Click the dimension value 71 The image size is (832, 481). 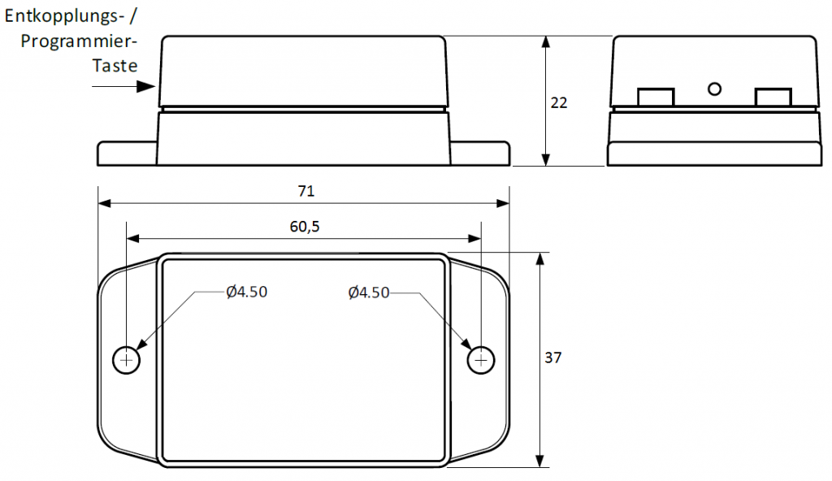pyautogui.click(x=306, y=191)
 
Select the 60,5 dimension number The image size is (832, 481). pyautogui.click(x=305, y=227)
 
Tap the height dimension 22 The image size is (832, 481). pyautogui.click(x=559, y=102)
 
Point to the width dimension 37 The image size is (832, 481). pyautogui.click(x=552, y=357)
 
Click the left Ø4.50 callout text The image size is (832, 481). pyautogui.click(x=247, y=292)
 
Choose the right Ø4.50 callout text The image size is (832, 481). pyautogui.click(x=369, y=292)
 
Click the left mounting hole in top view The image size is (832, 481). pyautogui.click(x=126, y=361)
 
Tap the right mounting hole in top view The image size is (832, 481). pyautogui.click(x=481, y=361)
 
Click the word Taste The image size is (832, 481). pyautogui.click(x=115, y=66)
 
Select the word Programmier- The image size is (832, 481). pyautogui.click(x=79, y=41)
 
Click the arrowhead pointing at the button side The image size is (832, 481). pyautogui.click(x=146, y=86)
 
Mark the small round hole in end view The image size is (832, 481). pyautogui.click(x=715, y=89)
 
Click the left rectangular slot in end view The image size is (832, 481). pyautogui.click(x=656, y=97)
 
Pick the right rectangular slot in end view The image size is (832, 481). pyautogui.click(x=773, y=97)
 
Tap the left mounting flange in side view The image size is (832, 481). pyautogui.click(x=128, y=154)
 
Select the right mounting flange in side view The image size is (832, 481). pyautogui.click(x=480, y=154)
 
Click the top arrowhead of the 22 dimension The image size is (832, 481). pyautogui.click(x=545, y=42)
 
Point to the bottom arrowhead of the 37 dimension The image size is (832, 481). pyautogui.click(x=540, y=461)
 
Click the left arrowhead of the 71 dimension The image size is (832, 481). pyautogui.click(x=105, y=203)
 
